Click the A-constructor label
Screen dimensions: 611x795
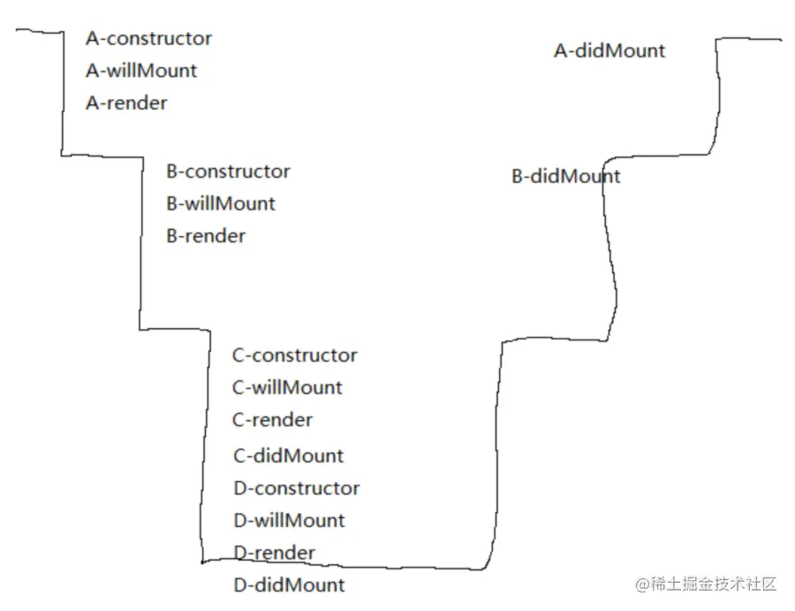[148, 38]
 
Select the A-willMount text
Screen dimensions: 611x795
[141, 71]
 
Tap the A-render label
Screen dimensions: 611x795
[126, 103]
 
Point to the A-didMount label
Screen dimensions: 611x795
[609, 51]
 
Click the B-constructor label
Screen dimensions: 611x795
[228, 172]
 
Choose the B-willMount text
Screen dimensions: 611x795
[221, 203]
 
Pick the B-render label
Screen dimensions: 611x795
[206, 236]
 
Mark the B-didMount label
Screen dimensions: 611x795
[565, 177]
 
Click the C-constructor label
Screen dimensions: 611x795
[295, 355]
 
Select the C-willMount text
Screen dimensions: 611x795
[287, 387]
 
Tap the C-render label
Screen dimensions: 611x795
[272, 420]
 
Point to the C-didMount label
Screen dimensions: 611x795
[288, 456]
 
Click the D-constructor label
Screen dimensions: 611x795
[296, 488]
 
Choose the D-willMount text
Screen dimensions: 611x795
[289, 521]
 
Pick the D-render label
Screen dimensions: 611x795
[274, 553]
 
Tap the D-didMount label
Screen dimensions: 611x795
[289, 585]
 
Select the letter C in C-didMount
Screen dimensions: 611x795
[238, 456]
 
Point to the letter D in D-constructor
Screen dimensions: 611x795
[239, 488]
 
